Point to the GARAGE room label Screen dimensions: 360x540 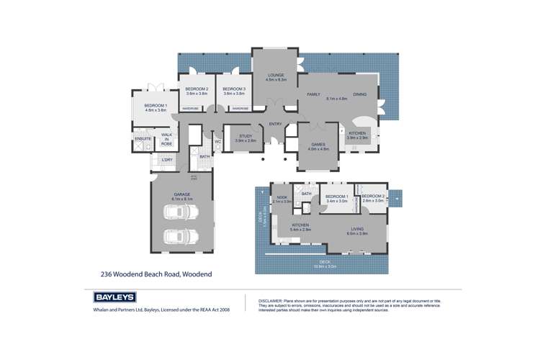pyautogui.click(x=180, y=192)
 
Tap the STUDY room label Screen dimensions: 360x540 pyautogui.click(x=246, y=136)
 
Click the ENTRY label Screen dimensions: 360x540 pyautogui.click(x=276, y=124)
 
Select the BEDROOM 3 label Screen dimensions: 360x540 pyautogui.click(x=235, y=89)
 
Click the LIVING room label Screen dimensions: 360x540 pyautogui.click(x=358, y=229)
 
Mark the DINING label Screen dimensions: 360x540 pyautogui.click(x=360, y=94)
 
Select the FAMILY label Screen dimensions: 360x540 pyautogui.click(x=313, y=94)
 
